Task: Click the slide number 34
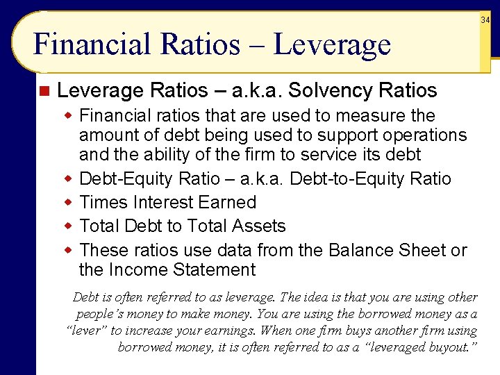485,20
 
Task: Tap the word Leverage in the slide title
332,44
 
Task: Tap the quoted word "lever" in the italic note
87,331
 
